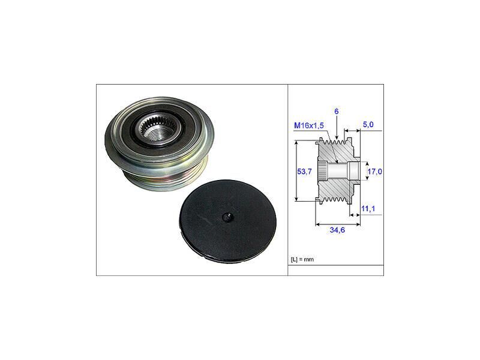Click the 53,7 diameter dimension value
tap(304, 172)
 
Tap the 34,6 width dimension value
tap(337, 230)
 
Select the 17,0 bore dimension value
tap(374, 172)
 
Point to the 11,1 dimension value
tap(368, 209)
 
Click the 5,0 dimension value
tap(368, 125)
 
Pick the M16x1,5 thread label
tap(309, 125)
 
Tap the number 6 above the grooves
tap(337, 112)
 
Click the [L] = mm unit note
tap(302, 260)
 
